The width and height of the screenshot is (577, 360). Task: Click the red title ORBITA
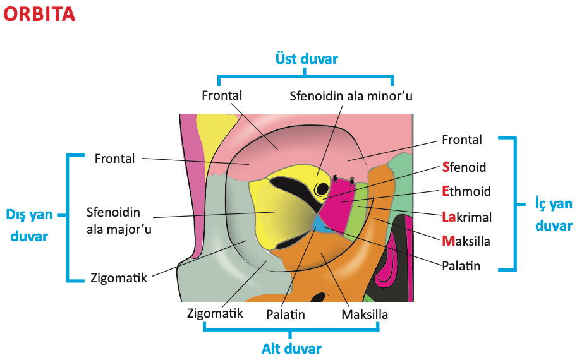[x=39, y=15]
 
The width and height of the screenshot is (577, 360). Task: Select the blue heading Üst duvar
[x=307, y=59]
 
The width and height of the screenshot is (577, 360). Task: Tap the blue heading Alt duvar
[x=292, y=349]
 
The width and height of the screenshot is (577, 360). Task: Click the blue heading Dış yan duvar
[x=29, y=224]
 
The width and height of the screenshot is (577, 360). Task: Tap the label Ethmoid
[x=466, y=191]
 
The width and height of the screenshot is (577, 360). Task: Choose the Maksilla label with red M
[x=466, y=241]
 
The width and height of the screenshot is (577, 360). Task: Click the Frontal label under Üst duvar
[x=222, y=95]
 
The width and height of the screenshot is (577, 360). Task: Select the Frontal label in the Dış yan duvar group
[x=114, y=158]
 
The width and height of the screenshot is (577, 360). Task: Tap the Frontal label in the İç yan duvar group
[x=461, y=140]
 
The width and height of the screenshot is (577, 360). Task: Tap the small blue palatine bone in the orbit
[x=320, y=224]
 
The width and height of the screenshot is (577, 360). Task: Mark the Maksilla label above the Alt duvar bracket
[x=365, y=314]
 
